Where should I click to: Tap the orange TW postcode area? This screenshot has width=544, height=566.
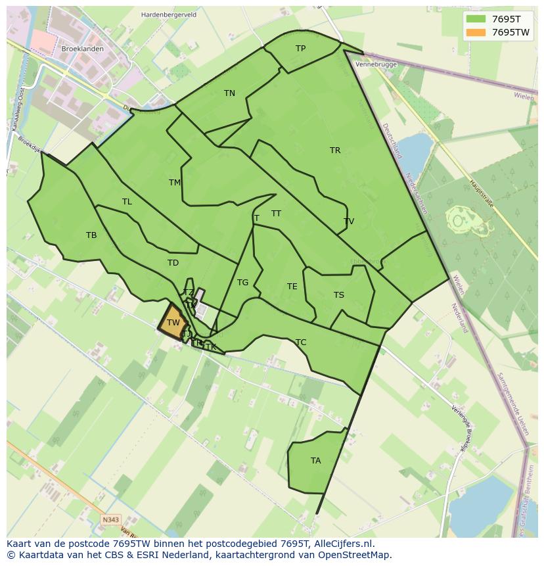(173, 322)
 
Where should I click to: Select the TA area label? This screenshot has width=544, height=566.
(316, 461)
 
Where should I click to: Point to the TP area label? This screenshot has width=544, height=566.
(300, 49)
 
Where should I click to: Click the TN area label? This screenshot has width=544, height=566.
(229, 93)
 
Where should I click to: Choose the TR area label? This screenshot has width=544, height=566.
(335, 151)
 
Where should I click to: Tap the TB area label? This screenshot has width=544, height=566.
(91, 235)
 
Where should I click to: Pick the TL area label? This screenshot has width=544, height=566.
(127, 202)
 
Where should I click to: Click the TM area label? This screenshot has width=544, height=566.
(175, 183)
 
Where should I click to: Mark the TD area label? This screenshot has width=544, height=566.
(173, 263)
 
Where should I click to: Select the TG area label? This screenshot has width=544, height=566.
(242, 283)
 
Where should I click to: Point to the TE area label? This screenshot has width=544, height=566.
(292, 287)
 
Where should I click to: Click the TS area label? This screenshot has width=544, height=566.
(339, 295)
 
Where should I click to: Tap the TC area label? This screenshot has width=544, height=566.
(301, 342)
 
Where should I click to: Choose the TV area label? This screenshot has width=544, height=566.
(349, 222)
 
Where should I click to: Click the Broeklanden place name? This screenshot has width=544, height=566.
(82, 49)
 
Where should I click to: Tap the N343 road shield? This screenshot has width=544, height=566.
(111, 520)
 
